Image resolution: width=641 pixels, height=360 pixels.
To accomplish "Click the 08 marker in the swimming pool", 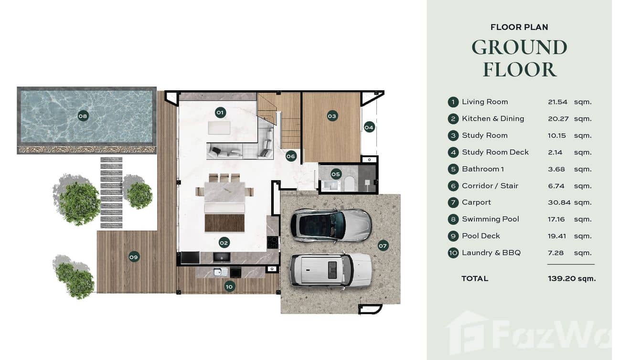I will (x=83, y=116).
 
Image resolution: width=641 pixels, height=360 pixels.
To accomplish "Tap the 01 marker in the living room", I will (x=220, y=113).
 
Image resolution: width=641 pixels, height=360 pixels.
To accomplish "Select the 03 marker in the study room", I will (x=332, y=116).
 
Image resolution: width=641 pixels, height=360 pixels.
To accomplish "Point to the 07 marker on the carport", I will (x=383, y=246).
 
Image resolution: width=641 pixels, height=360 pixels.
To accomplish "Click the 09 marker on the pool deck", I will (x=134, y=257).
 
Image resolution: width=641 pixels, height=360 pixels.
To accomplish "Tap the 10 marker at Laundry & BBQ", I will (x=229, y=286).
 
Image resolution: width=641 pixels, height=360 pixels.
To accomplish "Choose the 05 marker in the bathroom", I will (x=336, y=174).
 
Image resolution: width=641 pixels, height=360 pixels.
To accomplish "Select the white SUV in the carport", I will (x=331, y=270).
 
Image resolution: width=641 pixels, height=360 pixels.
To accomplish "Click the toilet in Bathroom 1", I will (x=350, y=182).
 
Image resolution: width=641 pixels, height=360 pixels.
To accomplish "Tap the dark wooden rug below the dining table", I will (x=224, y=223).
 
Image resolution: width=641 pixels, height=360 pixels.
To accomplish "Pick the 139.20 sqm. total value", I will (x=572, y=279).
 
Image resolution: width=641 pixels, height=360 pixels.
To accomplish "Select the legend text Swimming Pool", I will (x=490, y=219).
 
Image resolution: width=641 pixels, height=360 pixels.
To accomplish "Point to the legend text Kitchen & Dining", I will (x=492, y=118).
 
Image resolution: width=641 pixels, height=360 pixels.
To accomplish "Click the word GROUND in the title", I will (x=519, y=47).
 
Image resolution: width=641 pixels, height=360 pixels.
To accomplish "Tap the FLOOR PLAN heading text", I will (x=519, y=27).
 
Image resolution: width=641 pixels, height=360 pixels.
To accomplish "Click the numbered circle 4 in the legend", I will (x=453, y=152).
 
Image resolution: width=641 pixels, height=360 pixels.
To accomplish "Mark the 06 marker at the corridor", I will (x=291, y=156).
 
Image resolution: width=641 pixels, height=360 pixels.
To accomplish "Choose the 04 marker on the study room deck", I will (x=369, y=127).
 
